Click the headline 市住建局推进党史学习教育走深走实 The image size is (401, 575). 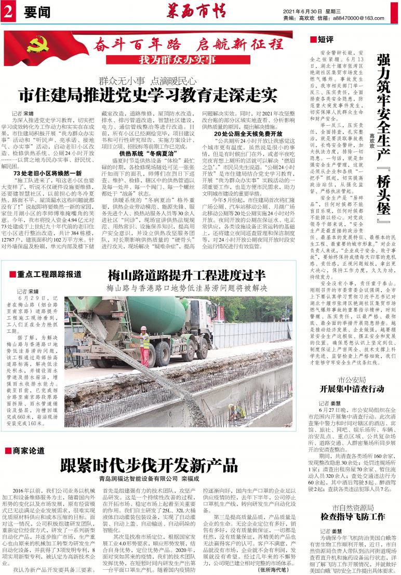tap(147, 95)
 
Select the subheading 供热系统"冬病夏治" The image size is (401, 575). tap(139, 154)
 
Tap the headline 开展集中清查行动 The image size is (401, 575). tap(352, 388)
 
